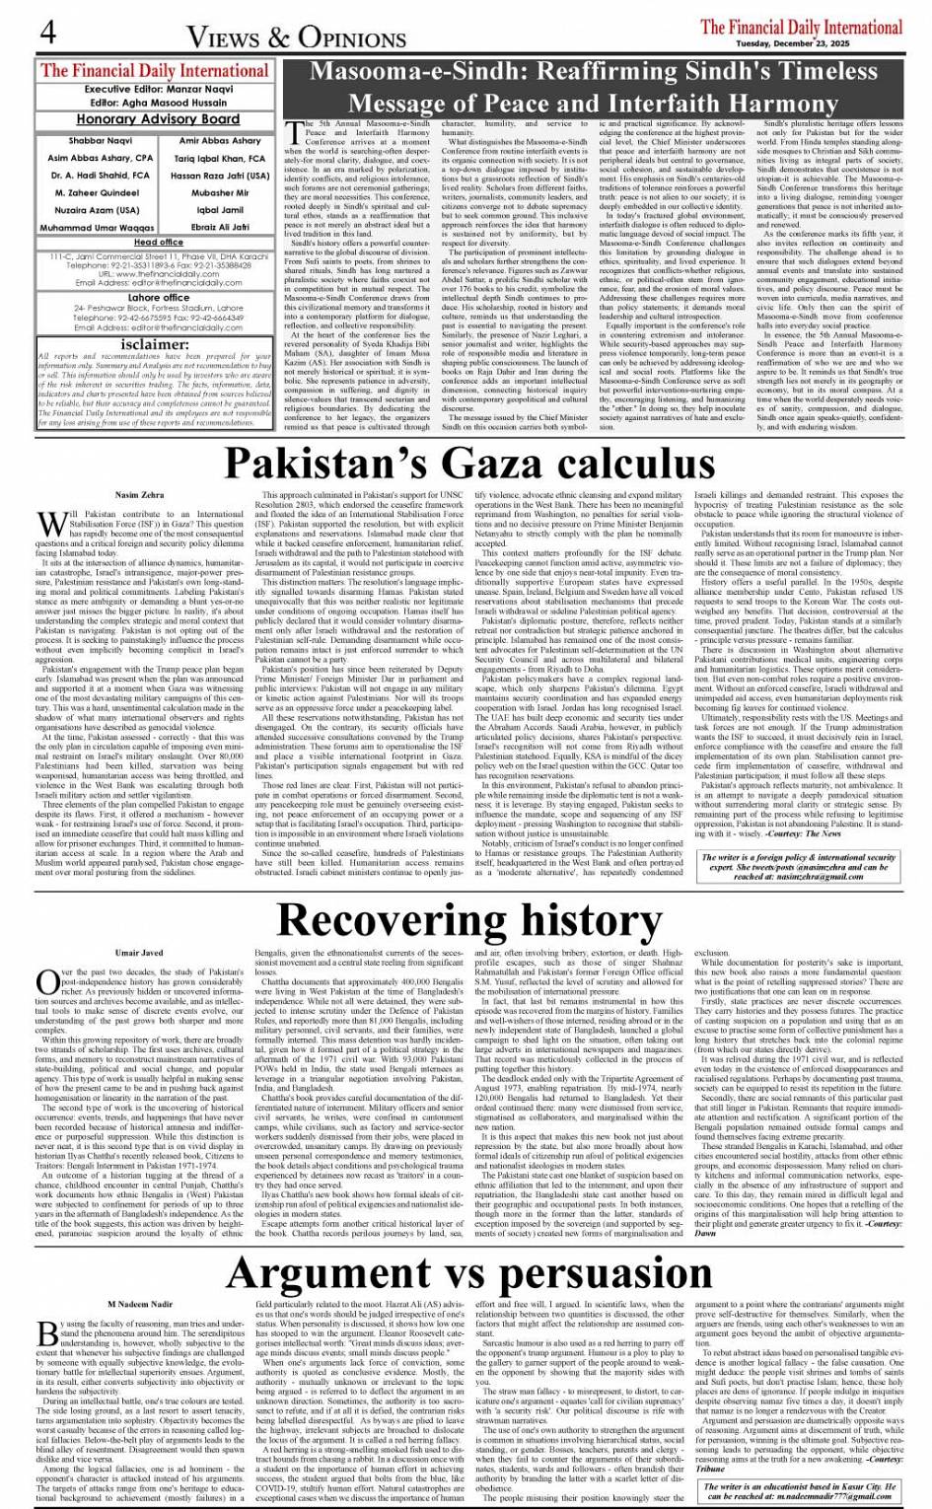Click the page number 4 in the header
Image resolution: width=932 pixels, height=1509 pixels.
coord(46,31)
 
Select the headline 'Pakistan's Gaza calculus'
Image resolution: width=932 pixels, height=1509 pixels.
coord(466,463)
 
